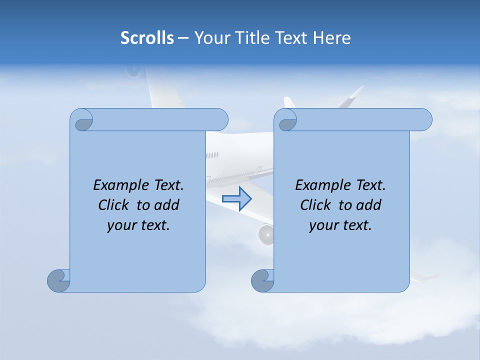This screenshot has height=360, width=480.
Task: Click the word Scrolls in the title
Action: [x=147, y=38]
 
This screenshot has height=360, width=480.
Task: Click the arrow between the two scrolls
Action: [x=236, y=199]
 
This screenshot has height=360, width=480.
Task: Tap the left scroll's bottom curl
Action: [x=58, y=280]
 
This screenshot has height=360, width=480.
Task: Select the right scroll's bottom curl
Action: [x=262, y=280]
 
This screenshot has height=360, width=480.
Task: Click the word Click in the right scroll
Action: [x=315, y=205]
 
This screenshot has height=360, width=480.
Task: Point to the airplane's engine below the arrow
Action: [x=266, y=234]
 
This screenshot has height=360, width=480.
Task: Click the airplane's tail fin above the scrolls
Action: [x=353, y=97]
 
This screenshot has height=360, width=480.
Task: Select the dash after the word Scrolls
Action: [x=183, y=38]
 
